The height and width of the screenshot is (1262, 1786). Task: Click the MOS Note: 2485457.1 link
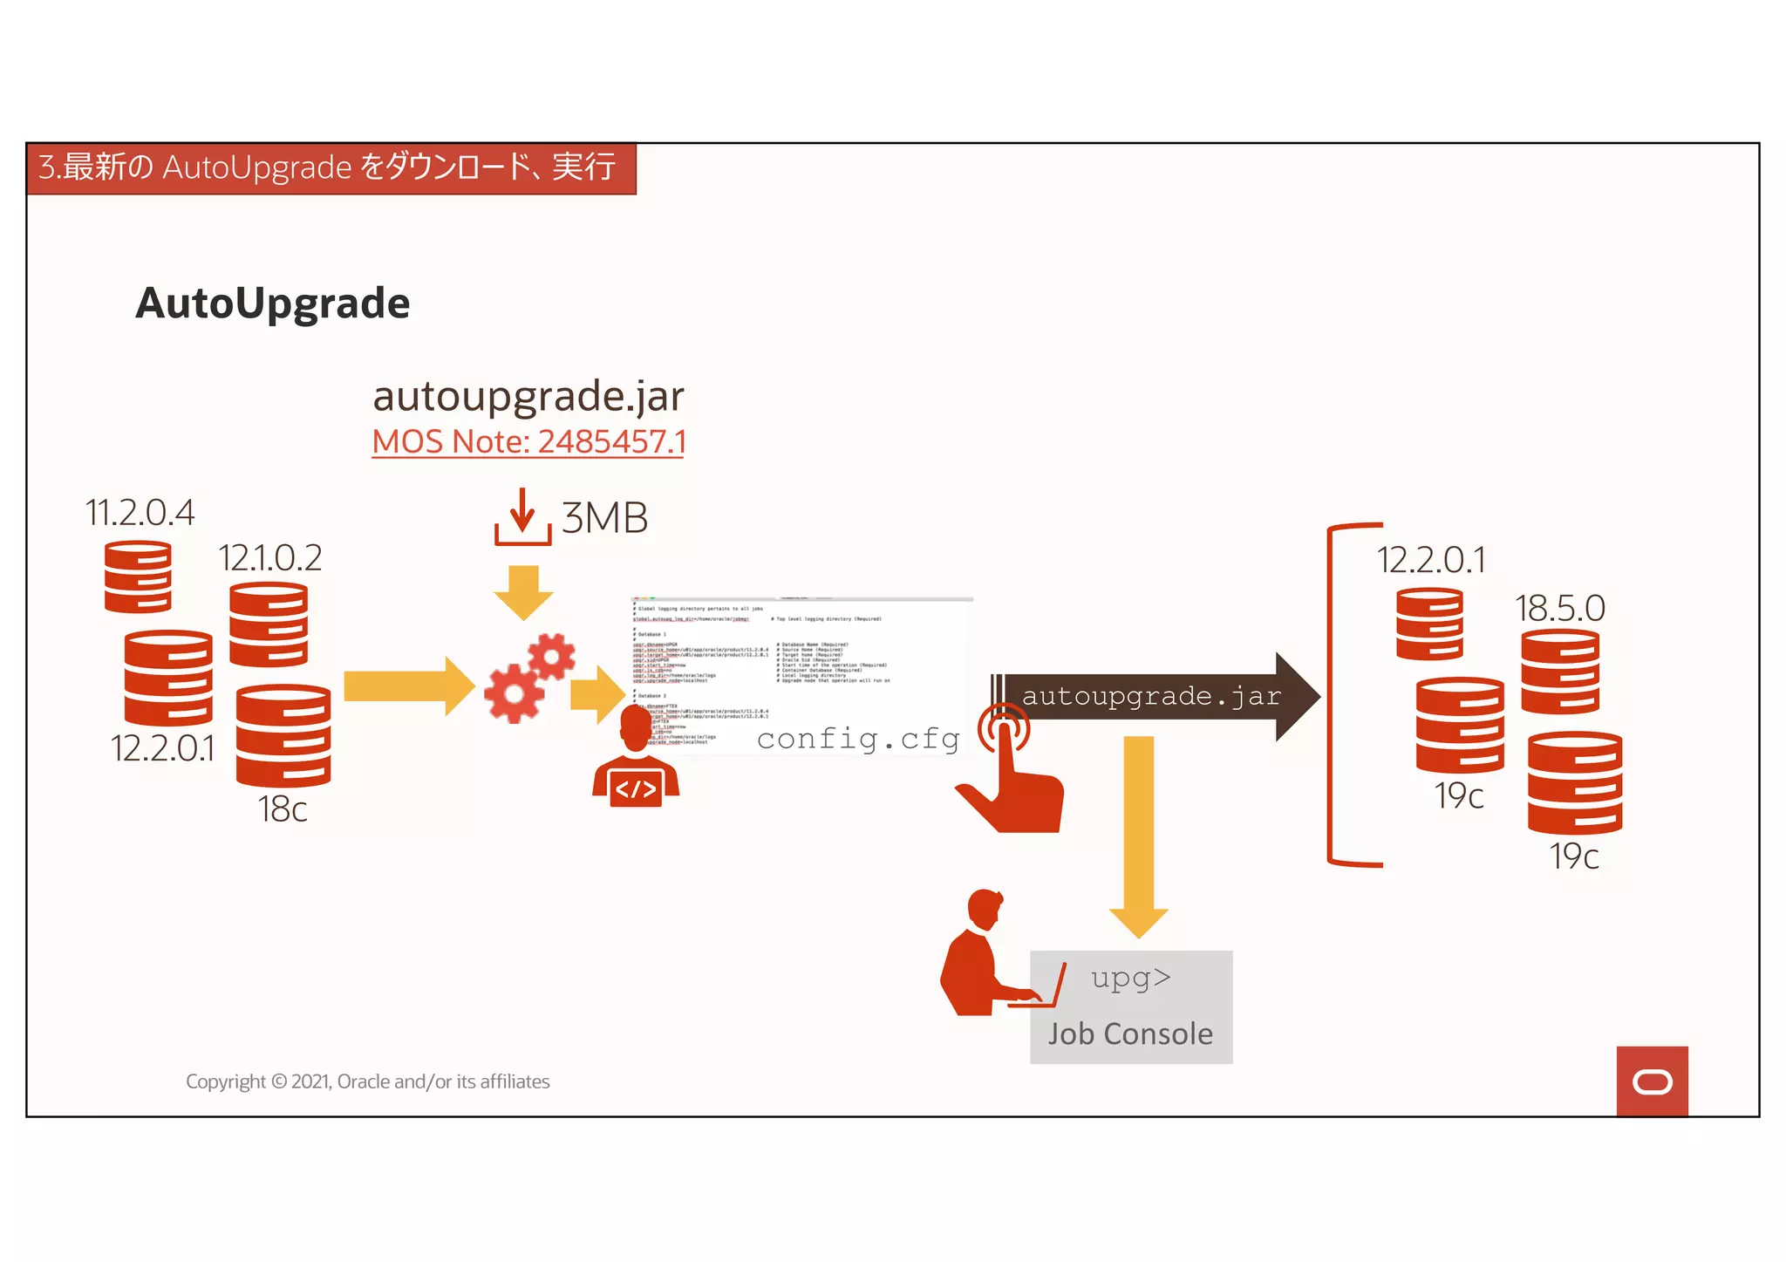click(x=528, y=441)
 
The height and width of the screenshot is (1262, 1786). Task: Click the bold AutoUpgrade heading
click(x=272, y=304)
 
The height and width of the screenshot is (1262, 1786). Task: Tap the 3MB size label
click(x=604, y=518)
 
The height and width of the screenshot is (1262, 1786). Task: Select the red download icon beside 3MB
click(x=522, y=517)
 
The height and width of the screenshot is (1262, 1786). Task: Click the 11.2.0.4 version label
click(x=140, y=513)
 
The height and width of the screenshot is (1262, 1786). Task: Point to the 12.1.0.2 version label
click(x=270, y=558)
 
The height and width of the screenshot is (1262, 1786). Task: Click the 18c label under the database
click(x=283, y=809)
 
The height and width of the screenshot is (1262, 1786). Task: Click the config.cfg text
click(x=858, y=740)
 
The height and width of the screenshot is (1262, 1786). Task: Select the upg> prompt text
click(x=1131, y=978)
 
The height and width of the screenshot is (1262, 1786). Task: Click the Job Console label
click(x=1130, y=1034)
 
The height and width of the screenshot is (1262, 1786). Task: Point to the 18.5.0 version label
click(x=1559, y=609)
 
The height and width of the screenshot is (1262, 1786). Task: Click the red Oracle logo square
click(x=1652, y=1081)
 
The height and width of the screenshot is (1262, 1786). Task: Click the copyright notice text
click(x=367, y=1081)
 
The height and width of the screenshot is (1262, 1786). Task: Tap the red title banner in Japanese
click(x=331, y=167)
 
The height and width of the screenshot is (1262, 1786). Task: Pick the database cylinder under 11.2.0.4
click(x=138, y=577)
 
